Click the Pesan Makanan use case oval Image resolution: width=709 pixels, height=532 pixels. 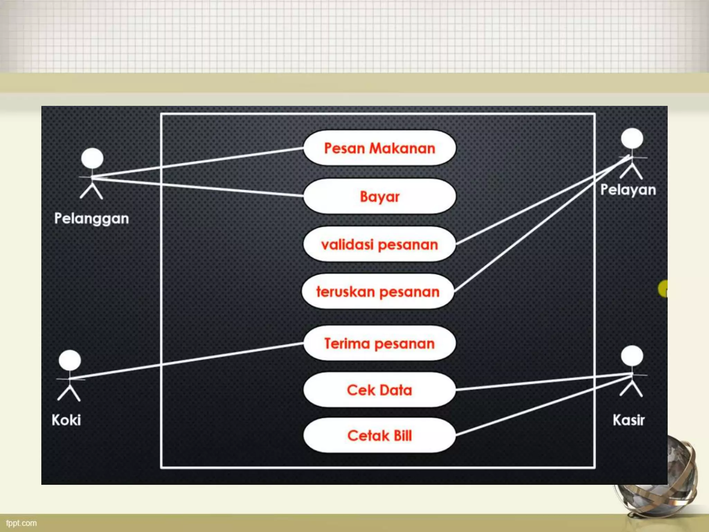pos(379,148)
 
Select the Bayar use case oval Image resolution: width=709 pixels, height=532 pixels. pos(379,196)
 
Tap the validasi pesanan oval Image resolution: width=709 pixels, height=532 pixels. pos(379,245)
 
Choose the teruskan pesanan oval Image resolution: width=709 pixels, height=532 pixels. pos(378,292)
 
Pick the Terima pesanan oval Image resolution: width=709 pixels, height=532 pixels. pos(379,343)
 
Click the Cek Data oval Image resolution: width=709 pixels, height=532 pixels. pos(379,390)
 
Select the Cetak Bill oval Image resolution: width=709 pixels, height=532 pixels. pos(379,435)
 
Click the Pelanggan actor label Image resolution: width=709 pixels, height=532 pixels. pos(91,219)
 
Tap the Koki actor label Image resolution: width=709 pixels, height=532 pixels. pos(66,420)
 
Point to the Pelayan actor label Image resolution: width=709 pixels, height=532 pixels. pos(628,190)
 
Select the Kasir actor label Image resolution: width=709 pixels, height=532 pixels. pos(628,420)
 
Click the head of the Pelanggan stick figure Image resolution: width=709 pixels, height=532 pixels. pos(92,159)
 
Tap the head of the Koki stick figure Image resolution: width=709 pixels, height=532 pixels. pos(70,360)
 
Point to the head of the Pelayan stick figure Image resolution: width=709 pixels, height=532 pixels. pos(632,138)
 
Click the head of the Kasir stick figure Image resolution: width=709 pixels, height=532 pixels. pos(632,356)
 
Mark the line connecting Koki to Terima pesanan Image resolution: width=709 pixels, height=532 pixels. pos(187,361)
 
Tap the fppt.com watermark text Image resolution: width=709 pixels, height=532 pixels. pos(21,523)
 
